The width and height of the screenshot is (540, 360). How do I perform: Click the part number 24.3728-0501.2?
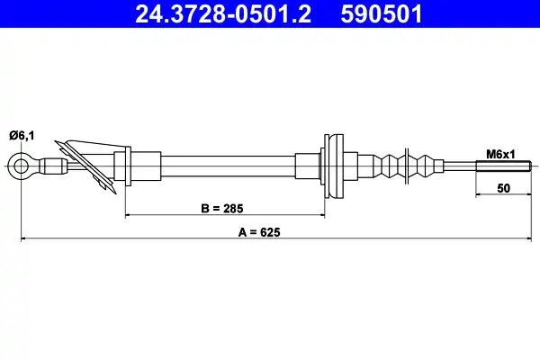pyautogui.click(x=223, y=14)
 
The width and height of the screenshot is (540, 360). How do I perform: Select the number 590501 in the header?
pyautogui.click(x=382, y=14)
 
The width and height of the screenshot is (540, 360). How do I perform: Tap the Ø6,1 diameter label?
pyautogui.click(x=22, y=135)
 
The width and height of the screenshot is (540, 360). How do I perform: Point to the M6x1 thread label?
pyautogui.click(x=500, y=154)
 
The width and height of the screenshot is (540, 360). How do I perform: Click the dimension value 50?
pyautogui.click(x=503, y=188)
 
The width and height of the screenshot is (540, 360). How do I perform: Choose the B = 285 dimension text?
pyautogui.click(x=221, y=209)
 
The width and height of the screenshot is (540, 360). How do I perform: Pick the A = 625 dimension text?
pyautogui.click(x=259, y=232)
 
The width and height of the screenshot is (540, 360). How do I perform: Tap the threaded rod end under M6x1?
pyautogui.click(x=504, y=166)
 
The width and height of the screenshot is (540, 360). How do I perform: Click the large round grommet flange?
pyautogui.click(x=334, y=166)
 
